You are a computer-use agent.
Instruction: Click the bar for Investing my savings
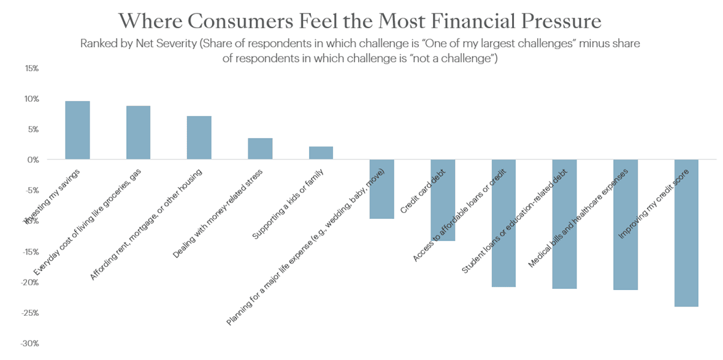77,130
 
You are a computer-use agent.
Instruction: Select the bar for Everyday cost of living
138,132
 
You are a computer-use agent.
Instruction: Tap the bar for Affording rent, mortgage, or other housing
199,137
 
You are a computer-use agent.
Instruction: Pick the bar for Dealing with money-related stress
260,148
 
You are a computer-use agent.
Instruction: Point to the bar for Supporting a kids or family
321,153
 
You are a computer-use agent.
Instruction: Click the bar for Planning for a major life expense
381,189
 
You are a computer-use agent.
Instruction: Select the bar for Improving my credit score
686,233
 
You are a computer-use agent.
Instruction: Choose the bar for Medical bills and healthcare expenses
625,224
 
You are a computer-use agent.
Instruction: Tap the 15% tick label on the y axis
31,68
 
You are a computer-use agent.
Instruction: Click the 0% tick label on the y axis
33,160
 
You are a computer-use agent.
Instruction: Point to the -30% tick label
30,343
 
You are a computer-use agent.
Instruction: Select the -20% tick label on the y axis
30,282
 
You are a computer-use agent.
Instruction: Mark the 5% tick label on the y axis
33,129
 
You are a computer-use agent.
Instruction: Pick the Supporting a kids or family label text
293,204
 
